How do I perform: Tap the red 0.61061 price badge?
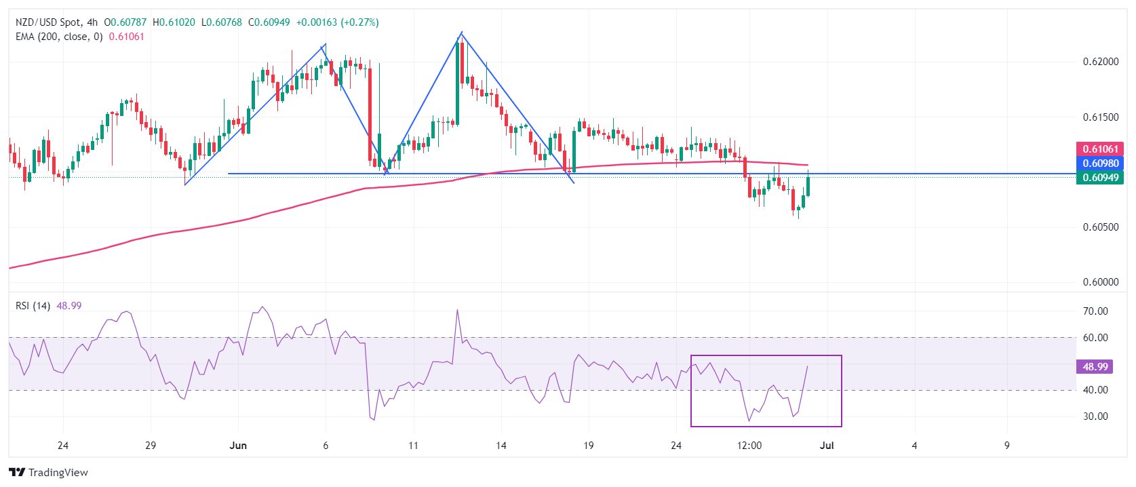(1100, 149)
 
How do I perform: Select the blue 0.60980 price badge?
(1100, 163)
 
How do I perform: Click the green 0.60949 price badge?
(1100, 178)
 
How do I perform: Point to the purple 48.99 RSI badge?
(1095, 367)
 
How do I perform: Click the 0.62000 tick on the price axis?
(1100, 62)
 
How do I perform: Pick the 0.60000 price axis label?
(1100, 282)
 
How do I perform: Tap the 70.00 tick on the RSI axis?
(1095, 311)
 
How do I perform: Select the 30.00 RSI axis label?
(1095, 416)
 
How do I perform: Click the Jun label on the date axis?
(238, 446)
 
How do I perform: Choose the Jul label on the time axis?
(827, 446)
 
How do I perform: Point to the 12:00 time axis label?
(749, 446)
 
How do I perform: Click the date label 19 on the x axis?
(588, 446)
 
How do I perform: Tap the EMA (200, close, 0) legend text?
(59, 37)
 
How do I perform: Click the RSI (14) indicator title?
(33, 306)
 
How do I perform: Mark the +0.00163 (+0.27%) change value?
(337, 22)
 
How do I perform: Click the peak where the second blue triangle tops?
(461, 33)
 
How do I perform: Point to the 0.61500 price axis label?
(1100, 117)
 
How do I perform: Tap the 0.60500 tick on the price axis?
(1100, 227)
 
